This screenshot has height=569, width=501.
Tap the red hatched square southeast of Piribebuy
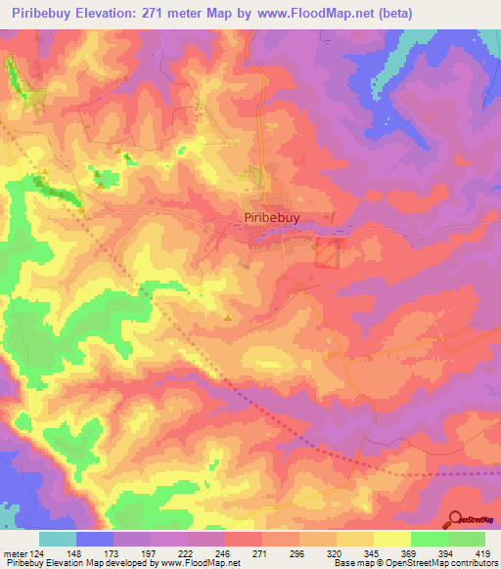pyautogui.click(x=327, y=254)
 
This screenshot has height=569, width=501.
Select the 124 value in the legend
pyautogui.click(x=40, y=552)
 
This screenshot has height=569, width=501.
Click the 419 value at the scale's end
pyautogui.click(x=480, y=552)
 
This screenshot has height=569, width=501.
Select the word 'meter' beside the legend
pyautogui.click(x=15, y=552)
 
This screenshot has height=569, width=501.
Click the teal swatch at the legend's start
pyautogui.click(x=58, y=539)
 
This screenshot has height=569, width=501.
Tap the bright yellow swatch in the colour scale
pyautogui.click(x=392, y=539)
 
